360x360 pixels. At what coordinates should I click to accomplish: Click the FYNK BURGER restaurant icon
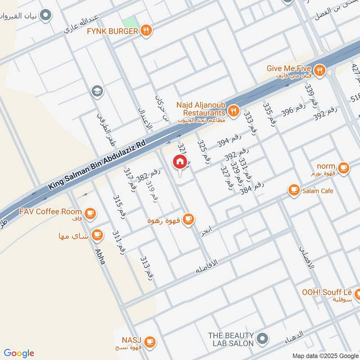(146, 31)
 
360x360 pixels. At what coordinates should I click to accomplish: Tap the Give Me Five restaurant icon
(319, 69)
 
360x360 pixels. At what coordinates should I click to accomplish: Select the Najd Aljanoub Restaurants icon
(233, 110)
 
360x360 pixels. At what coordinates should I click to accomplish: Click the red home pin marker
(180, 162)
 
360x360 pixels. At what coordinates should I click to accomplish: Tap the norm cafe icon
(343, 167)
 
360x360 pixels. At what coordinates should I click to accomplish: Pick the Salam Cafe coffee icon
(294, 191)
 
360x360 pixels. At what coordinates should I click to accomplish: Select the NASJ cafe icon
(150, 342)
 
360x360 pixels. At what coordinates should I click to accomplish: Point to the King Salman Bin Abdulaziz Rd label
(97, 166)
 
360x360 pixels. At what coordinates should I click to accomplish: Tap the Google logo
(19, 353)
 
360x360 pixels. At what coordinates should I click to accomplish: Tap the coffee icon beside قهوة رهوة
(189, 220)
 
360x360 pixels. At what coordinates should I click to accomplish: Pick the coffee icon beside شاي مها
(97, 234)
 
